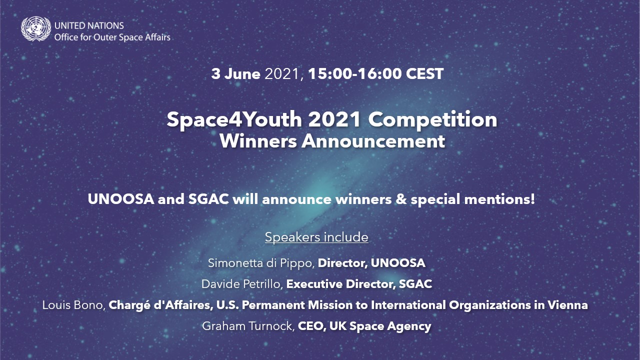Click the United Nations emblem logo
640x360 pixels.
pyautogui.click(x=36, y=28)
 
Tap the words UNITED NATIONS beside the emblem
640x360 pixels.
pyautogui.click(x=89, y=25)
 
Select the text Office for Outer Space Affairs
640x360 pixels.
pyautogui.click(x=112, y=37)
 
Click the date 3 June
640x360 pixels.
pyautogui.click(x=235, y=74)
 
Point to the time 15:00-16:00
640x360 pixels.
pyautogui.click(x=355, y=73)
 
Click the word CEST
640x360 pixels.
pyautogui.click(x=425, y=73)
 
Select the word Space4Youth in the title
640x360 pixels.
pyautogui.click(x=234, y=120)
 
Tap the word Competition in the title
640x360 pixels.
pyautogui.click(x=432, y=119)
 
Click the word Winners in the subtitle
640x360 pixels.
pyautogui.click(x=258, y=141)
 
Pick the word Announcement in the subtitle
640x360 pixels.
pyautogui.click(x=373, y=141)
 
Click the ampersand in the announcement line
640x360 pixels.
pyautogui.click(x=401, y=199)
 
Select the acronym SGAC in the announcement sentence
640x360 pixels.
pyautogui.click(x=208, y=199)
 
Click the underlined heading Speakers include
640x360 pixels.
pyautogui.click(x=316, y=237)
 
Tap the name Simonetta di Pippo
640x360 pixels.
pyautogui.click(x=261, y=263)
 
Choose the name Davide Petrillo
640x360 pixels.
pyautogui.click(x=242, y=284)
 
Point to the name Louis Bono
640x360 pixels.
pyautogui.click(x=73, y=305)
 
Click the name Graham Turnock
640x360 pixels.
pyautogui.click(x=248, y=326)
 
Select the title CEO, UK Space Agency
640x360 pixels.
pyautogui.click(x=364, y=326)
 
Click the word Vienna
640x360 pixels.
pyautogui.click(x=567, y=305)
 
